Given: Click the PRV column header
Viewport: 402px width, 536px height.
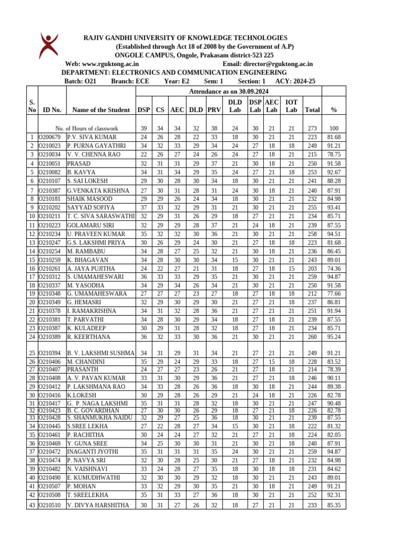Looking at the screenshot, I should tap(214, 110).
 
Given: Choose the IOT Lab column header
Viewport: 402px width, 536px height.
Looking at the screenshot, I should tap(291, 106).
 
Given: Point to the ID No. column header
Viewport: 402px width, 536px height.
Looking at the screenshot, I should tap(52, 110).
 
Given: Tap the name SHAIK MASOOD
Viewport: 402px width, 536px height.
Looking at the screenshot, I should tap(90, 199).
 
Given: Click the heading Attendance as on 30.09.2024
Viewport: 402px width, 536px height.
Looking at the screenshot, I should tap(228, 91).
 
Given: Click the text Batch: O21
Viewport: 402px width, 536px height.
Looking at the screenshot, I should tap(80, 81).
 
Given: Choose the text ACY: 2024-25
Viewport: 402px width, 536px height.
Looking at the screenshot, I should tap(295, 81).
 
